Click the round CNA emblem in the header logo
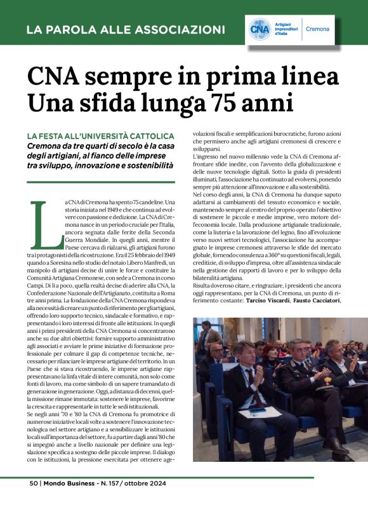coord(260,29)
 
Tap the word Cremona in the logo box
coord(317,29)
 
